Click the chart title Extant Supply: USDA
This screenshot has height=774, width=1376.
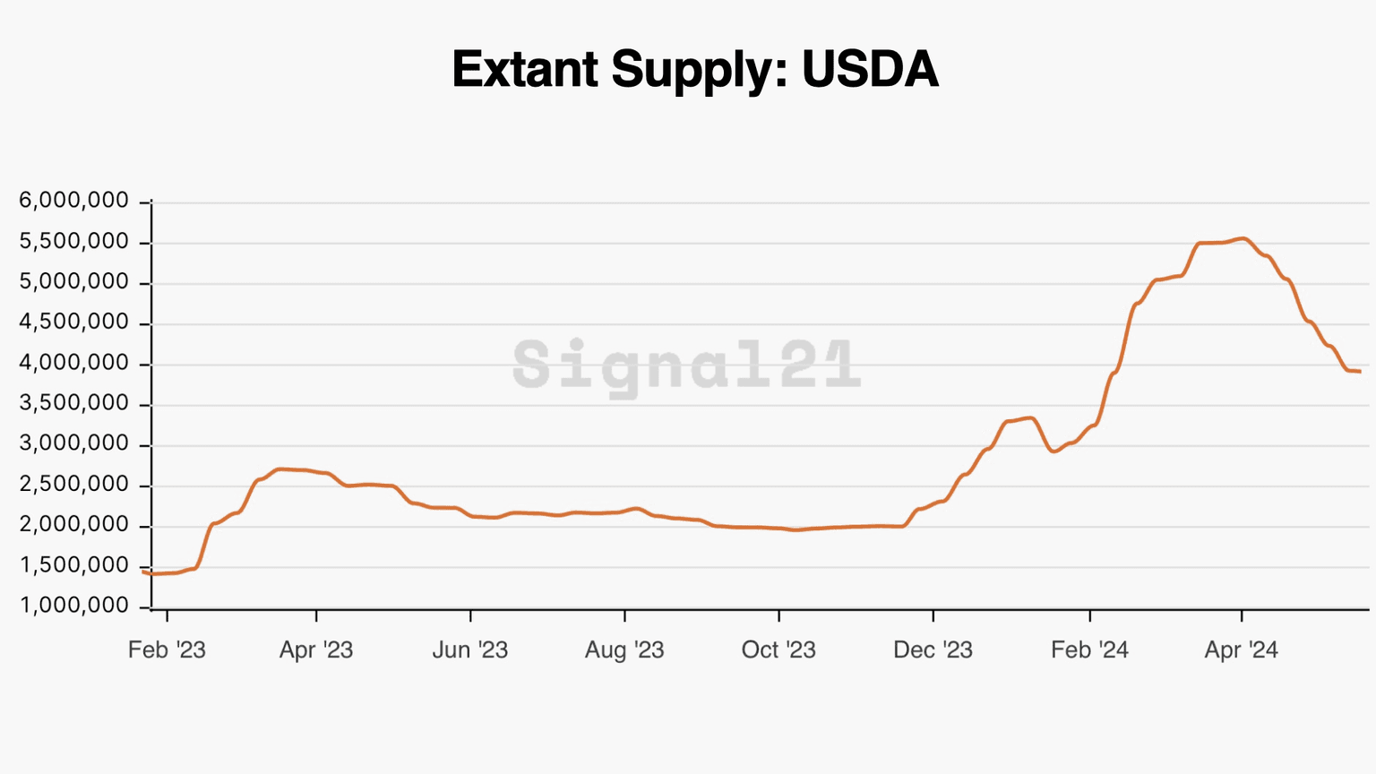[695, 69]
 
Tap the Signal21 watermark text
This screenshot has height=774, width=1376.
[687, 365]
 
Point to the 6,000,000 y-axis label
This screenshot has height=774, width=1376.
[74, 201]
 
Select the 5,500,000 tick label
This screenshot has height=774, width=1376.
[74, 242]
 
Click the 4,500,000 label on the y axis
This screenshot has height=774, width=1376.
[74, 322]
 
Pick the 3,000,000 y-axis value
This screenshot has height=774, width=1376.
[74, 444]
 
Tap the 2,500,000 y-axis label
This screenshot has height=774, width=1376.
[74, 485]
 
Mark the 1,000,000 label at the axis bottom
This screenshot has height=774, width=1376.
[74, 606]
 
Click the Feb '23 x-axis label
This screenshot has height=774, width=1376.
[167, 649]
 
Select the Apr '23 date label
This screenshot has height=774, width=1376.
[316, 649]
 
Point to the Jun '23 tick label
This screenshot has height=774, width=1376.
[470, 649]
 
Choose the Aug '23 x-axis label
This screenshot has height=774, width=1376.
[624, 649]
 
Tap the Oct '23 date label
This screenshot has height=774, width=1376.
[778, 649]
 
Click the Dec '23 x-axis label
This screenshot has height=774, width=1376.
[933, 649]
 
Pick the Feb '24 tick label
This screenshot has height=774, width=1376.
[1089, 649]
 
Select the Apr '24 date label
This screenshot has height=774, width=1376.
[1241, 649]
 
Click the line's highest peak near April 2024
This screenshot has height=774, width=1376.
[1243, 238]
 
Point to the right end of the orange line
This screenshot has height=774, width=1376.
[1360, 372]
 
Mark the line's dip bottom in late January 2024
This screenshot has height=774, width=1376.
[1053, 451]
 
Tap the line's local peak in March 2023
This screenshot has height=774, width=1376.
[280, 469]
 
